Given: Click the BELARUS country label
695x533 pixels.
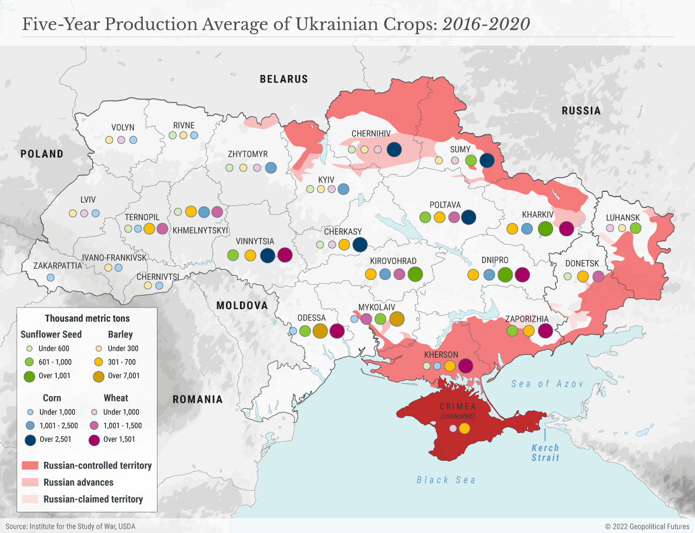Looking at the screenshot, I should [283, 79].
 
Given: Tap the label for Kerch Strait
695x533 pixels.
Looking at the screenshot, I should [545, 453].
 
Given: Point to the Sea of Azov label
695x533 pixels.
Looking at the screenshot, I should [547, 384].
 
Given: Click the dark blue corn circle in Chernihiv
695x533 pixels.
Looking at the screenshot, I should [394, 149].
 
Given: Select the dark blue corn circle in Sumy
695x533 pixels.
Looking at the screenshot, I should [487, 160].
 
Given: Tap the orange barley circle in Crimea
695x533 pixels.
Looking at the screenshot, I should [464, 429].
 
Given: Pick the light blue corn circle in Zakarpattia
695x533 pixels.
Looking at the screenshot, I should [50, 277].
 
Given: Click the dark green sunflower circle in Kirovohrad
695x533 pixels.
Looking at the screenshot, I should [415, 274].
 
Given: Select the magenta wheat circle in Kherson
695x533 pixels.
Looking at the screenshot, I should [465, 366].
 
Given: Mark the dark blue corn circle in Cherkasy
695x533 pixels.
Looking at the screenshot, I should [360, 244].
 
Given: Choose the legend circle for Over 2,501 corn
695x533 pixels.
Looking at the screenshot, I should [30, 440].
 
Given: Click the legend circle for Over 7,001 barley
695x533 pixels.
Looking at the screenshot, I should [99, 376].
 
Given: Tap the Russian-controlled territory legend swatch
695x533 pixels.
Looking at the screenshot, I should [30, 466].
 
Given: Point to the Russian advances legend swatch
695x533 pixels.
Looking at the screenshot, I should [30, 482].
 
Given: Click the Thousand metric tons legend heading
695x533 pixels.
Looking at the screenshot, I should [87, 318].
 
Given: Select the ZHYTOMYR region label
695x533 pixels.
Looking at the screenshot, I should [248, 154].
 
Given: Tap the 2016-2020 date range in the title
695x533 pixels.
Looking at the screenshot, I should [486, 24].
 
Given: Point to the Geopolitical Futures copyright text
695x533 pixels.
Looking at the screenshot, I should [647, 526].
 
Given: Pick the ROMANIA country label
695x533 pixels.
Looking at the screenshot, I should [198, 399].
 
